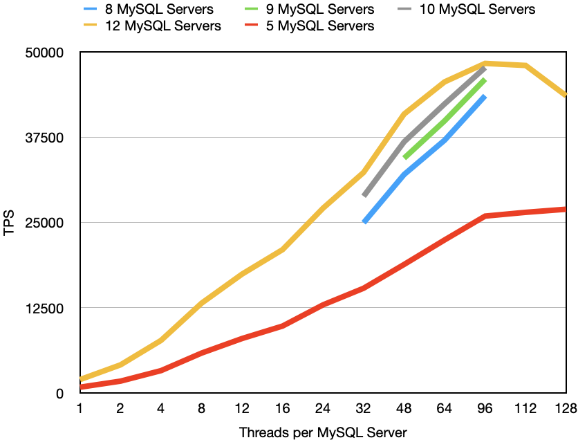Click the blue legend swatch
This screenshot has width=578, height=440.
(x=90, y=9)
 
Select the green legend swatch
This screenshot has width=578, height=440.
(x=251, y=9)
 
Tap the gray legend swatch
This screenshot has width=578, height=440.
(x=404, y=9)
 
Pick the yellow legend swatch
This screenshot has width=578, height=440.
(x=90, y=25)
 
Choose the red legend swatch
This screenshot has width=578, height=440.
(x=251, y=25)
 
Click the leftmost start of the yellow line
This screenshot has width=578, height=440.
(x=82, y=379)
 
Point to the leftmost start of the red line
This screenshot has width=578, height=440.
(x=82, y=387)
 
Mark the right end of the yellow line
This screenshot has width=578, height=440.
(x=565, y=95)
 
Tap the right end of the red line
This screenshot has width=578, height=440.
(x=565, y=209)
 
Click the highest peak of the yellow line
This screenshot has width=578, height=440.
(x=485, y=63)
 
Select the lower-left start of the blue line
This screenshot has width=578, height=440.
(x=364, y=222)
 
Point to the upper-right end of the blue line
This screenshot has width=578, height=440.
(x=485, y=96)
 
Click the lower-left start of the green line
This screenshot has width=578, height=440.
(x=404, y=158)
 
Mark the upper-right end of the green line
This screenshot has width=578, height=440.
(x=485, y=80)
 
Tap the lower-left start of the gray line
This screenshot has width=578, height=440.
(x=364, y=196)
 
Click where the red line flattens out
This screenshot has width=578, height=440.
(x=485, y=216)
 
